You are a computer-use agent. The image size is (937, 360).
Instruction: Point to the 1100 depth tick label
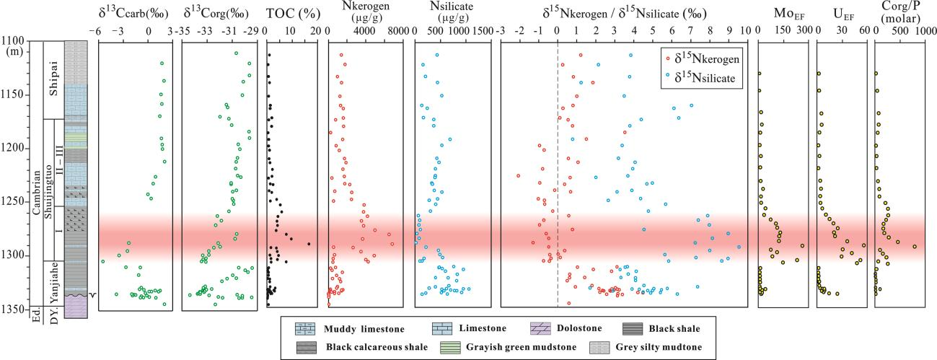(16, 42)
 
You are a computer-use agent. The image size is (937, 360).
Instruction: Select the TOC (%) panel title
(289, 13)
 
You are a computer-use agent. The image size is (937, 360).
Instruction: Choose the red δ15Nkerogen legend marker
(669, 60)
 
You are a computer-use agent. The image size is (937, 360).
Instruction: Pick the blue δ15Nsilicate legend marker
(669, 79)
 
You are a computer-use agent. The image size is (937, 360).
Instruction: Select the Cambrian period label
(36, 195)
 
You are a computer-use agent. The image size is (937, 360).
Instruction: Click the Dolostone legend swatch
(540, 328)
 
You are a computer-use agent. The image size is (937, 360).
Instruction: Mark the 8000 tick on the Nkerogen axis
(394, 32)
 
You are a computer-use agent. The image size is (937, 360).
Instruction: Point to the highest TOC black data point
(309, 244)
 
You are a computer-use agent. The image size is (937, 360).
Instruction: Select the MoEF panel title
(782, 13)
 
